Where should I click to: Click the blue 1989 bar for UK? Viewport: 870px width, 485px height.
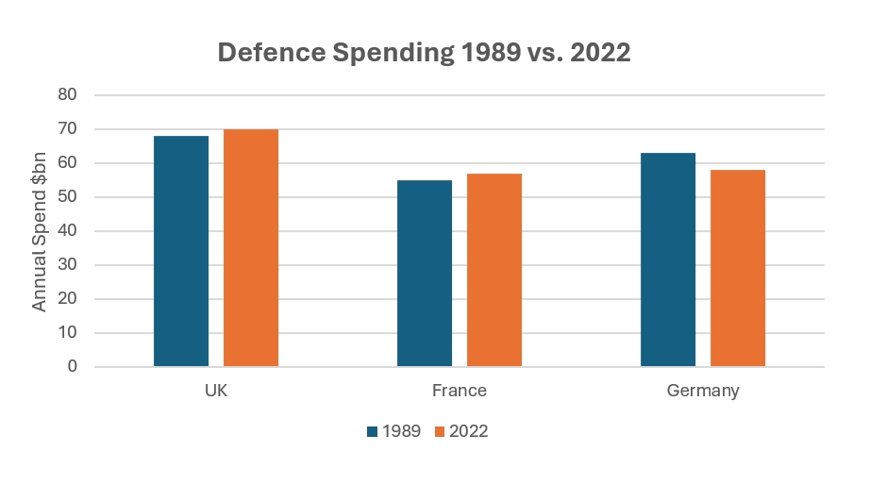click(181, 251)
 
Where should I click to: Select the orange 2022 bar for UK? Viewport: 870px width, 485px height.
click(251, 247)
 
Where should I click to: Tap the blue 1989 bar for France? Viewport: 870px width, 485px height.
click(425, 273)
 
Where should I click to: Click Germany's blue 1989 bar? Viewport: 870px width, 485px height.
click(668, 259)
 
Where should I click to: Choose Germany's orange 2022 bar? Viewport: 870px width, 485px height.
click(738, 268)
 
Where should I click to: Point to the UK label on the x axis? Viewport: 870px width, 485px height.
click(216, 391)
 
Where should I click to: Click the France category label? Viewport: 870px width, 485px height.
click(460, 391)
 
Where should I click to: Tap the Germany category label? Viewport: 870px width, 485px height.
click(703, 391)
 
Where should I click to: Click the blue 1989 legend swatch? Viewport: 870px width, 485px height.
click(372, 432)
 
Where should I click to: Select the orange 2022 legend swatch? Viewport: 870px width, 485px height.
click(440, 432)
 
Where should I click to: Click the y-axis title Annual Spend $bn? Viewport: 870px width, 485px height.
click(40, 231)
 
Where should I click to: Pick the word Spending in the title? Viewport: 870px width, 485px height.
click(395, 53)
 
